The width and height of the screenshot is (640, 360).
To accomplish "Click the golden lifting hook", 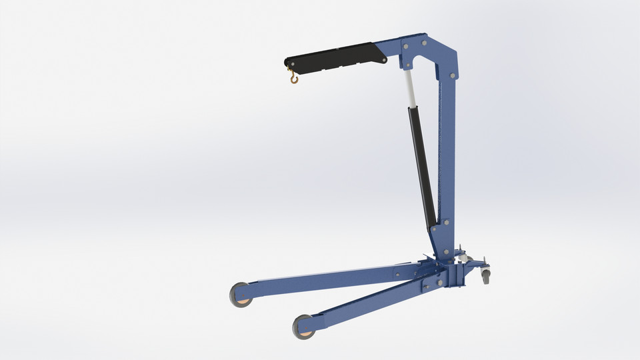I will click(293, 79).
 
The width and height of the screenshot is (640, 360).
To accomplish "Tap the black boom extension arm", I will click(333, 56).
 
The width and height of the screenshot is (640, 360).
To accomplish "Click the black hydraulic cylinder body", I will click(423, 167).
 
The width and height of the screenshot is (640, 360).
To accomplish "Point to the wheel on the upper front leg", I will click(241, 295).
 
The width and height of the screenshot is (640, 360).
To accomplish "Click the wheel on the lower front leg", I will click(305, 326).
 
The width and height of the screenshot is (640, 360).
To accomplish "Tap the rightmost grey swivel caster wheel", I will click(485, 274).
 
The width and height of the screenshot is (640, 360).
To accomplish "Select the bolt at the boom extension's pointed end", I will click(384, 61).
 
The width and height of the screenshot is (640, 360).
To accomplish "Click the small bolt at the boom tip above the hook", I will click(289, 64).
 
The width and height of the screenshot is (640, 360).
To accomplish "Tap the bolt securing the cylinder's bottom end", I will click(434, 228).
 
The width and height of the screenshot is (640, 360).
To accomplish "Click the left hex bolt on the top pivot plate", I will click(405, 46).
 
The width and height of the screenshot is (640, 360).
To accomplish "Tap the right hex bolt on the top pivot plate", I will click(423, 43).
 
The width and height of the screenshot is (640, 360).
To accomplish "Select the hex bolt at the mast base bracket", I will click(445, 252).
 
